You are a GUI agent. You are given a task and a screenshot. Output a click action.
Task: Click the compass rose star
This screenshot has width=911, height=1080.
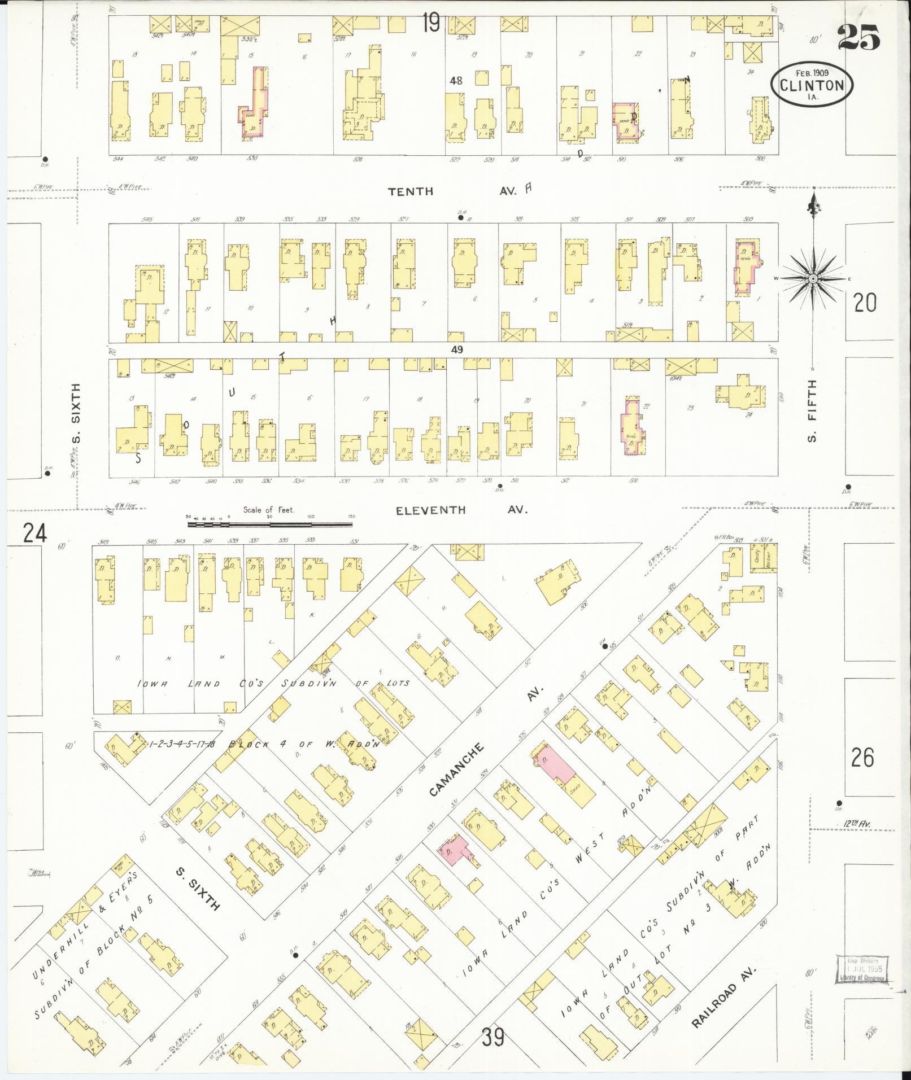pos(813,278)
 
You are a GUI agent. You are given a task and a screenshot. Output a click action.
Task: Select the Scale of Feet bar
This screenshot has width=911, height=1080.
pos(269,524)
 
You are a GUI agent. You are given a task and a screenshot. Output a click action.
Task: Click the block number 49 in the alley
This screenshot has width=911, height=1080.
pos(457,350)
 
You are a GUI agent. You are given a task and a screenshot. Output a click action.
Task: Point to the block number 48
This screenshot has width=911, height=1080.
pos(456,81)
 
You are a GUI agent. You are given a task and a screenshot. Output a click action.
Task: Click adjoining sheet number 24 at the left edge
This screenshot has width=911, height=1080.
pos(34,532)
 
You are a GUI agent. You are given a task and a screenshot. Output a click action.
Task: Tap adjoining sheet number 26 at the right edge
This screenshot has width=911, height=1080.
pos(862,757)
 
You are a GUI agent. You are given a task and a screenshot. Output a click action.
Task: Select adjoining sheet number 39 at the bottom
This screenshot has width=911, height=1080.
pos(493,1037)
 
